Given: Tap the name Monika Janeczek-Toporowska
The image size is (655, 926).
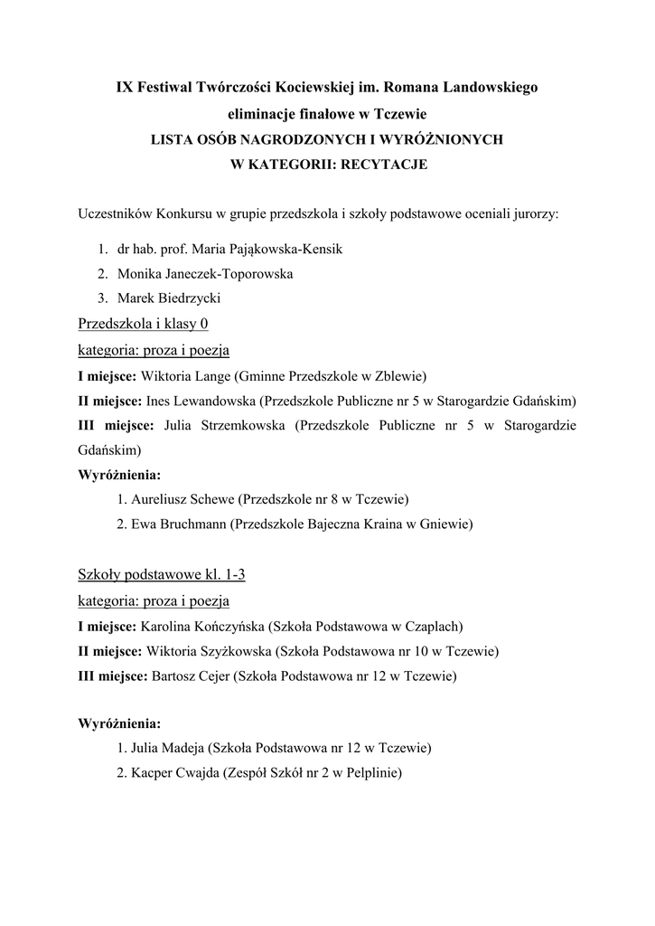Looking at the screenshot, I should point(205,272).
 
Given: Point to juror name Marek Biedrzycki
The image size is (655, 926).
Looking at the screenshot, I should point(170,298).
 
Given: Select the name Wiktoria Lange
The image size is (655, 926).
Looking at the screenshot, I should point(185,374).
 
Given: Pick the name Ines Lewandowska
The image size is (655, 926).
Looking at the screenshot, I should point(196,400).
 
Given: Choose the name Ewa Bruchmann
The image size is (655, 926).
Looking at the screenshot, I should point(179,523).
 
